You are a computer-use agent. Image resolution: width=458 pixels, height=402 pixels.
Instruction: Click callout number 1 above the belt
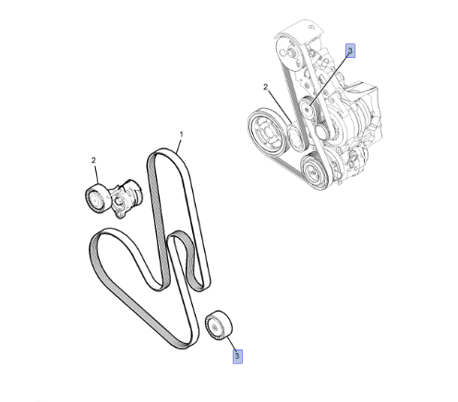181,135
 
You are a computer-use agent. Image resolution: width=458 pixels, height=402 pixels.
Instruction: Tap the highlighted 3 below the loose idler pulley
237,356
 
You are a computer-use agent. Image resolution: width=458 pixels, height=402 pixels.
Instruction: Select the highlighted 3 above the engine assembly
350,51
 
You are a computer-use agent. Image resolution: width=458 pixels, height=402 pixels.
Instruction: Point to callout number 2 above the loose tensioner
93,160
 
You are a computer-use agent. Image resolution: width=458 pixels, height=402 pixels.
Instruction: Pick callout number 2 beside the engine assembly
265,88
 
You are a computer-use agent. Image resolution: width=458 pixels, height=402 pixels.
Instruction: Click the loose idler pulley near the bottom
219,325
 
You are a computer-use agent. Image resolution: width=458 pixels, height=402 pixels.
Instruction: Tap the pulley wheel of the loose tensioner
95,199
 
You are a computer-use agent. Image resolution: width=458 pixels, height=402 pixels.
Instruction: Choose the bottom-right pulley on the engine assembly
314,171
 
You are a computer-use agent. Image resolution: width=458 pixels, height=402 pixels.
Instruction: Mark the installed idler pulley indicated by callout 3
307,108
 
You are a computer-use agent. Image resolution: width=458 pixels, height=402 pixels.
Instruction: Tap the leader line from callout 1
179,146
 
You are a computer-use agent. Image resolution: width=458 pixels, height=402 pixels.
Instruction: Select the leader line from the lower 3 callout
231,343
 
